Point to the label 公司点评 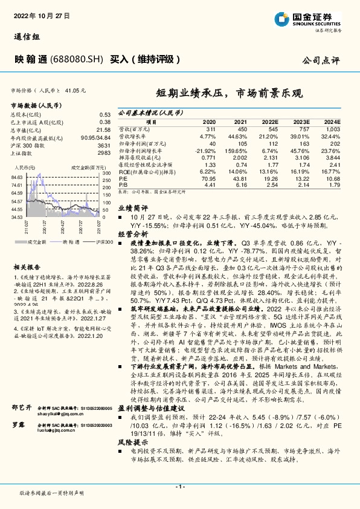click(328, 61)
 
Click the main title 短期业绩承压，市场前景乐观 click(229, 94)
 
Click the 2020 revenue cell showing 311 click(210, 130)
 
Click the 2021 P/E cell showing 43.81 click(240, 179)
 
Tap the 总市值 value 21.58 click(104, 129)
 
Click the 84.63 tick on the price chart click(18, 178)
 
